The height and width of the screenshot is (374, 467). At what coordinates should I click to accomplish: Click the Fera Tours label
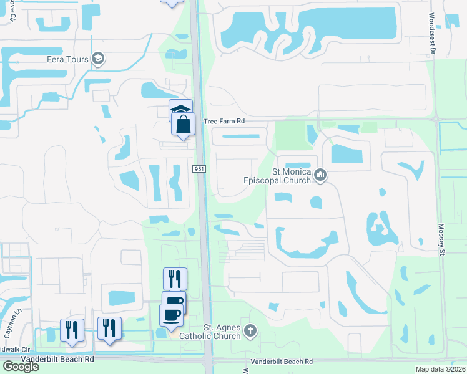[x=69, y=59]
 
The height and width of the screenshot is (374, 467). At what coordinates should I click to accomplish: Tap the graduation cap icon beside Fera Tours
[x=98, y=59]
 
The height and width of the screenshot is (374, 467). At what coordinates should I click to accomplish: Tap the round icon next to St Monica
[x=321, y=175]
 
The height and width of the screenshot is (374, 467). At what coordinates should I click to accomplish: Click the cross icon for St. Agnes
[x=250, y=330]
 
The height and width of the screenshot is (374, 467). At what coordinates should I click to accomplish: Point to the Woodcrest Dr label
[x=431, y=34]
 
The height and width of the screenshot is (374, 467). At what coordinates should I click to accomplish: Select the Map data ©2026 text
[x=441, y=369]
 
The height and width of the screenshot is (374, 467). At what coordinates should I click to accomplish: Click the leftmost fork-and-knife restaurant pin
[x=72, y=328]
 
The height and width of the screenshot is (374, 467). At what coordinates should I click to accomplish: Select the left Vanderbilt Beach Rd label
[x=57, y=360]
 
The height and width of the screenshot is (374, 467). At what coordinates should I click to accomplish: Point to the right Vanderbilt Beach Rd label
[x=281, y=362]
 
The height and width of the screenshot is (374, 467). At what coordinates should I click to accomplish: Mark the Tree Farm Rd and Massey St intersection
[x=436, y=117]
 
